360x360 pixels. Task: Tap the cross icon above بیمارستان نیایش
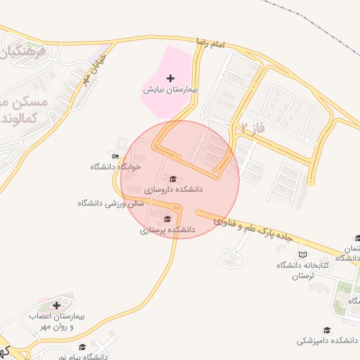pos(170,77)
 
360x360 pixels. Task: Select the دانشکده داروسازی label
pos(174,189)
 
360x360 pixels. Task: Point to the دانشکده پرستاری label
pos(167,230)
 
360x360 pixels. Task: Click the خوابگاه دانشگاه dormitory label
pos(115,167)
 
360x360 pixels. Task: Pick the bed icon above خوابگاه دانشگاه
pos(116,156)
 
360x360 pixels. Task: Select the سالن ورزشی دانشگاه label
pos(110,203)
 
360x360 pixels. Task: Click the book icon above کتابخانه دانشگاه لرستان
pos(303,255)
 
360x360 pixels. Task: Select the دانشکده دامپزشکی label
pos(326,340)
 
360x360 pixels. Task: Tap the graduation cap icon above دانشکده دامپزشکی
pos(326,330)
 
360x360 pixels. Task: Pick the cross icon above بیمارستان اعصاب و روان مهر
pos(56,305)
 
